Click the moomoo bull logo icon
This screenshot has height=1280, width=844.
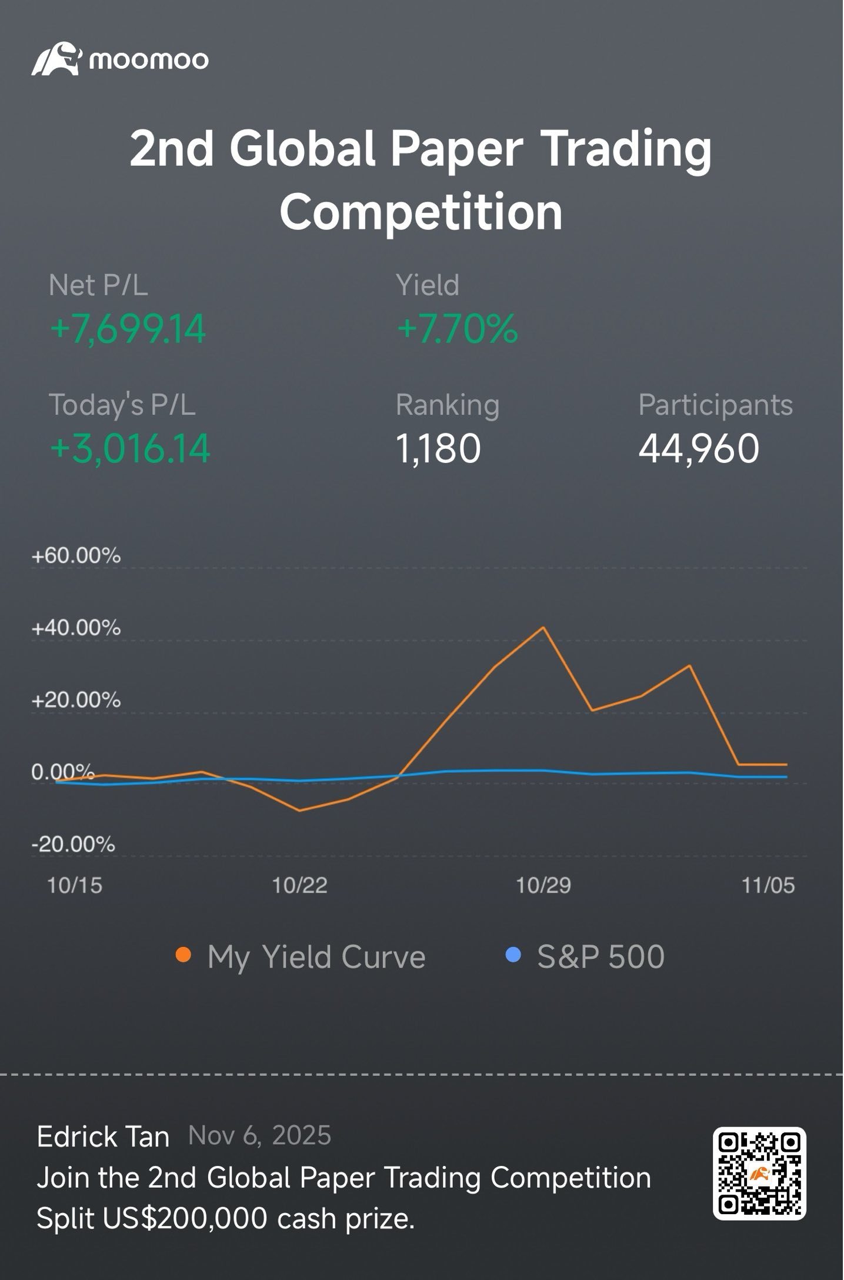tap(55, 59)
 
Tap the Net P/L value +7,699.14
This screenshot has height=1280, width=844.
tap(128, 329)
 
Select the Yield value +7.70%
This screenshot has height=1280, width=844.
tap(458, 329)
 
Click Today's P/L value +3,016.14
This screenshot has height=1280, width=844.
tap(130, 449)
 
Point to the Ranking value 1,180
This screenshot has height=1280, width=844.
tap(439, 449)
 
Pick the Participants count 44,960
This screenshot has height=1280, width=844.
tap(699, 449)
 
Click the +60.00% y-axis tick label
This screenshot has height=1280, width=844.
tap(76, 556)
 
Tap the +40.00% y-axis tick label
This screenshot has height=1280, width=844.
tap(76, 628)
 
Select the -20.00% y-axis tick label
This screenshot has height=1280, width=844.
tap(73, 845)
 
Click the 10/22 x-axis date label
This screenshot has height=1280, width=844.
tap(299, 886)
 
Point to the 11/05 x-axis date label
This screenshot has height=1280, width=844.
tap(768, 886)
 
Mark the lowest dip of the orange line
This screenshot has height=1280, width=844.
tap(299, 811)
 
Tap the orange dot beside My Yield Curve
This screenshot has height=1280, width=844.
tap(184, 955)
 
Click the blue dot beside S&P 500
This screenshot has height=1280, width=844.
tap(513, 955)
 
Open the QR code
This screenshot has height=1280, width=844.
tap(759, 1174)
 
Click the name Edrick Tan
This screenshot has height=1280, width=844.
tap(103, 1137)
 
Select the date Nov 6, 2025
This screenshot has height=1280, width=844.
tap(259, 1136)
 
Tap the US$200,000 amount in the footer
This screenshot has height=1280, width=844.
tap(185, 1218)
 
